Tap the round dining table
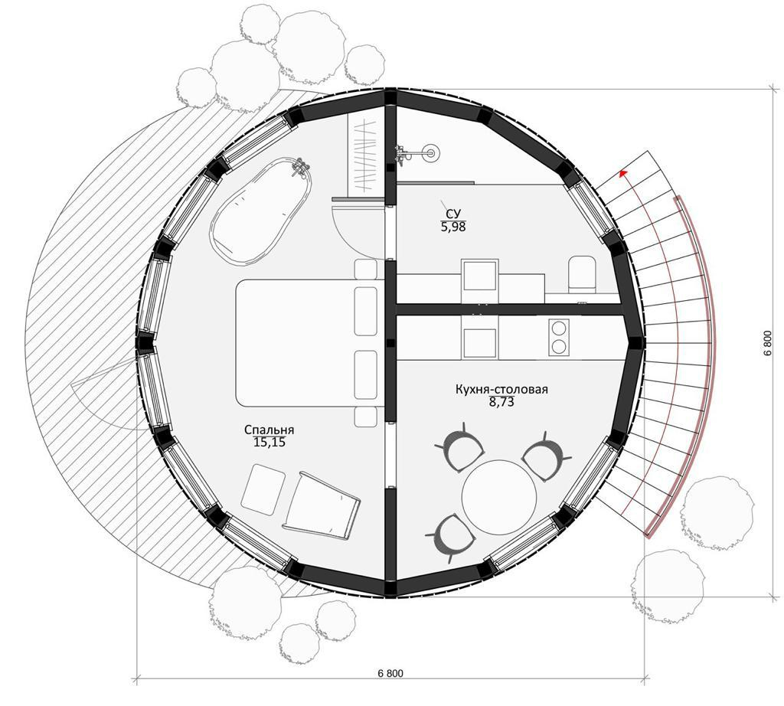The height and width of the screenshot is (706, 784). tap(499, 496)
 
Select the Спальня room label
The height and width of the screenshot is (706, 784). tap(269, 430)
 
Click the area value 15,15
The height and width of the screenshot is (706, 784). tap(269, 443)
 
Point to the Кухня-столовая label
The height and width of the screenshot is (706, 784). tap(501, 389)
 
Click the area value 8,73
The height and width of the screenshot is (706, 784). tap(501, 402)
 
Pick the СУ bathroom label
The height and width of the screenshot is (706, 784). tap(453, 214)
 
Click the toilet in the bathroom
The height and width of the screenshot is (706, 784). tap(582, 274)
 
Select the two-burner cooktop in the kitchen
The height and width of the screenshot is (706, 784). tap(559, 337)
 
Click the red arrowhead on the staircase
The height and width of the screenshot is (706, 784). tap(622, 173)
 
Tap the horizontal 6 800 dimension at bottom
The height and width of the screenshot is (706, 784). tap(390, 673)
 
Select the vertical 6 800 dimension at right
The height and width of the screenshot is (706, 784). tap(767, 343)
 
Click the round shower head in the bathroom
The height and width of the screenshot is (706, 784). tap(430, 152)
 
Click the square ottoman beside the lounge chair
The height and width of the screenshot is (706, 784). tap(263, 489)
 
